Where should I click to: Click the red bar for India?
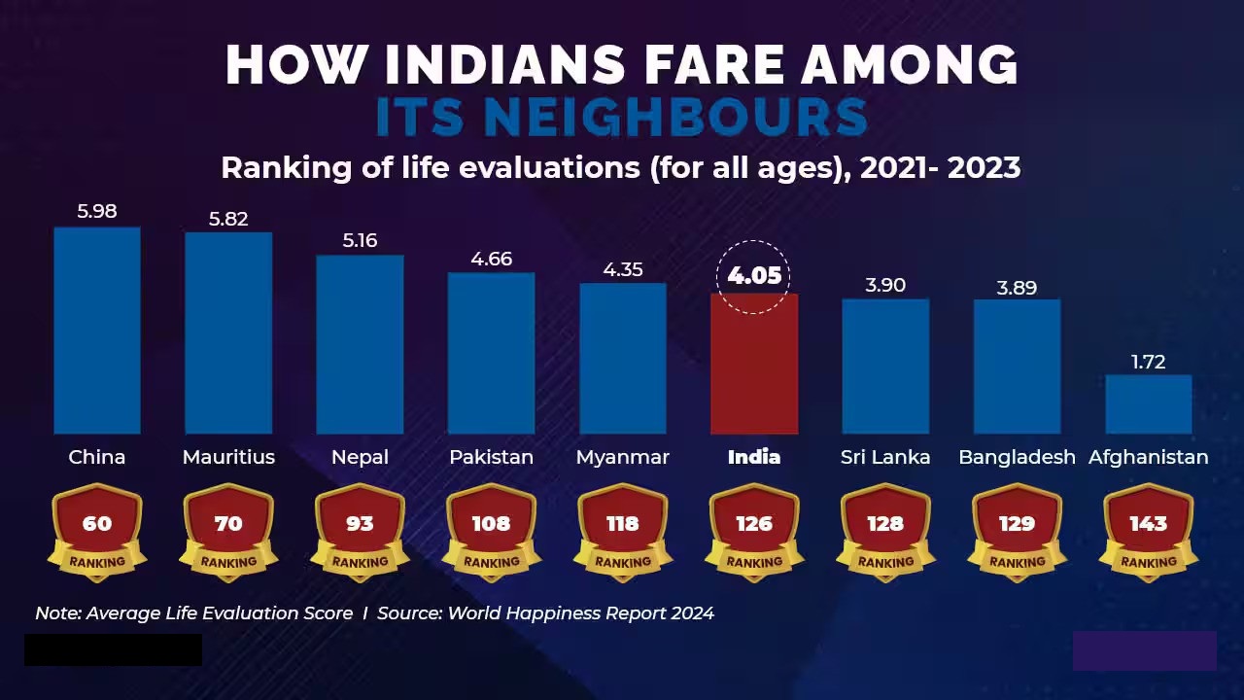(754, 364)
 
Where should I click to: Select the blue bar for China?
(97, 331)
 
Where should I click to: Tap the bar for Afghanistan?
(1148, 404)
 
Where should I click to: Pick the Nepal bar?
(360, 344)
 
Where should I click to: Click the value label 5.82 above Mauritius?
(228, 219)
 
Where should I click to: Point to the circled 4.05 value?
(754, 276)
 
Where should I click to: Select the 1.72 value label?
(1148, 362)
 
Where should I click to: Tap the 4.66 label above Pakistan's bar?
(491, 259)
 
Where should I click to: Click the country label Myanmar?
(622, 457)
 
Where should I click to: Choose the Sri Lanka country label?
(885, 457)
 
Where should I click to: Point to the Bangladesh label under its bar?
(1017, 457)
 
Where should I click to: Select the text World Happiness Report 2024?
(580, 613)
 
